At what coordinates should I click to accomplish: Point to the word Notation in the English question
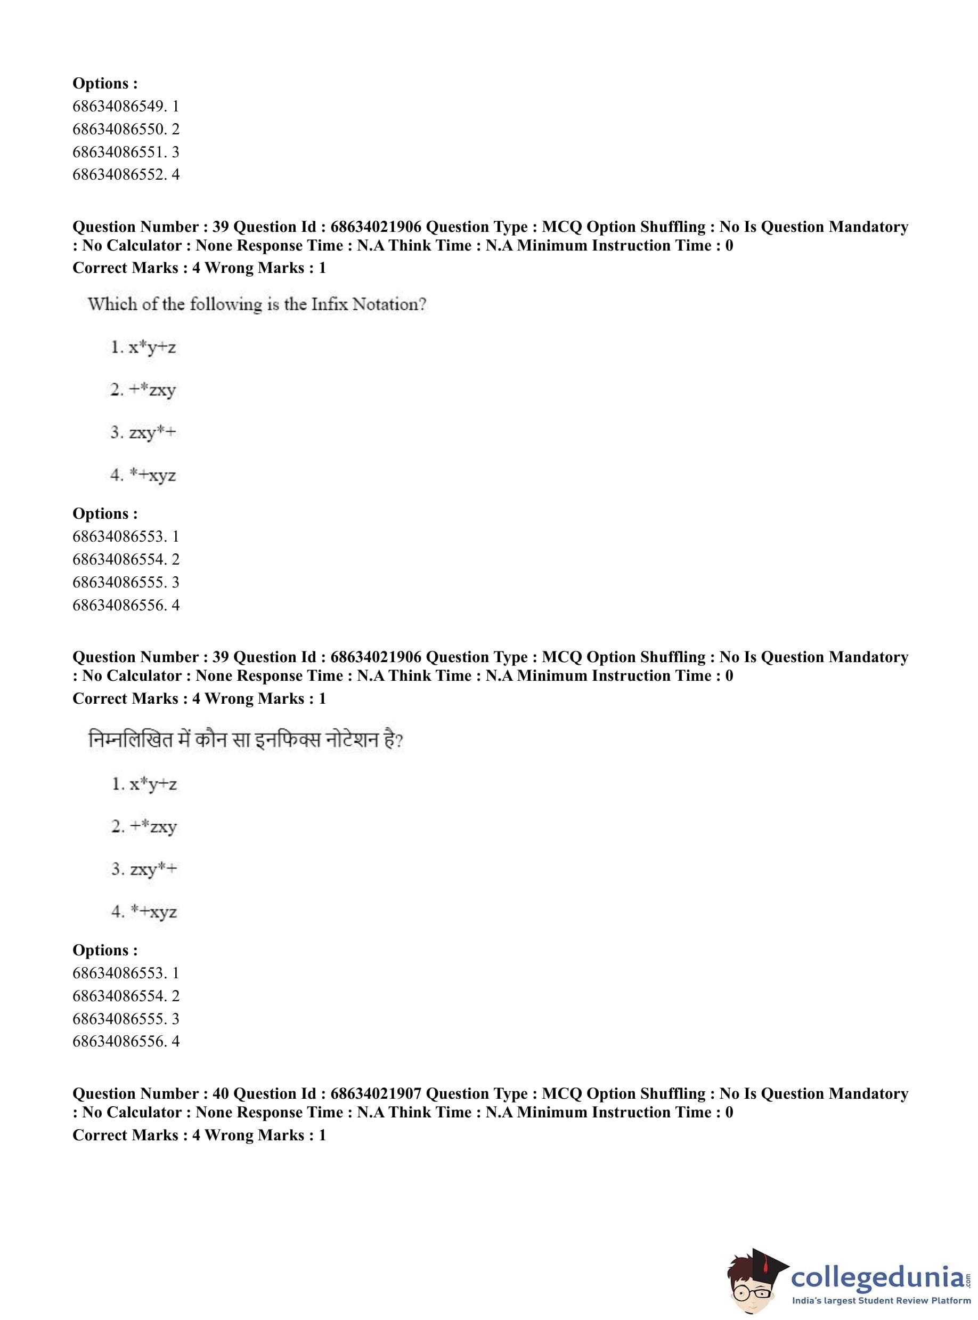click(x=388, y=304)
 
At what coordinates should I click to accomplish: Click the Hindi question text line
click(x=245, y=741)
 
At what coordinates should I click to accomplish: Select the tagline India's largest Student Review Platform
click(x=881, y=1301)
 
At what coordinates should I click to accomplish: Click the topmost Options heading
click(x=105, y=84)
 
